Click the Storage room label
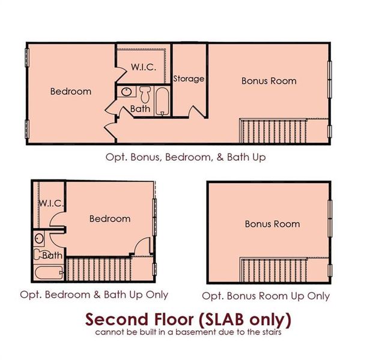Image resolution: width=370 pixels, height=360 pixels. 189,79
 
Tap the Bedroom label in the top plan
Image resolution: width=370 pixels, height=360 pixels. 71,92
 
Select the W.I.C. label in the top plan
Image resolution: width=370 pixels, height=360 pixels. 144,67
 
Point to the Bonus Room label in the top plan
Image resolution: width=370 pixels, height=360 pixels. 268,80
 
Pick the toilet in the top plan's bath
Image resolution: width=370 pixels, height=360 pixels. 145,94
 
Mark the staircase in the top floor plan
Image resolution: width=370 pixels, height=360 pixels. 273,131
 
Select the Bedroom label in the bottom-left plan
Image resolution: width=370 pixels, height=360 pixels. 110,218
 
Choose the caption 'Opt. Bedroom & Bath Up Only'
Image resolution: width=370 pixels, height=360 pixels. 94,295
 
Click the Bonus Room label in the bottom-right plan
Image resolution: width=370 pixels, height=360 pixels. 272,224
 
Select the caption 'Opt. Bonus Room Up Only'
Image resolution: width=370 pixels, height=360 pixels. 265,296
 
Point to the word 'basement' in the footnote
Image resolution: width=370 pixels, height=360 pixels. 205,331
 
